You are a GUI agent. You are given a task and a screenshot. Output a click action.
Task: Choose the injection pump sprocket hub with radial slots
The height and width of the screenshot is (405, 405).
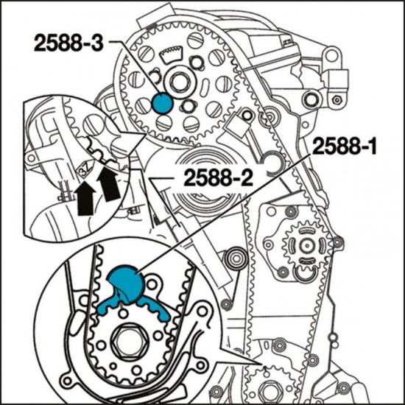point(306,244)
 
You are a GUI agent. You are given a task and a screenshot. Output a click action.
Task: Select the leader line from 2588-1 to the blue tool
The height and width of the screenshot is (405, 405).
point(221,214)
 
